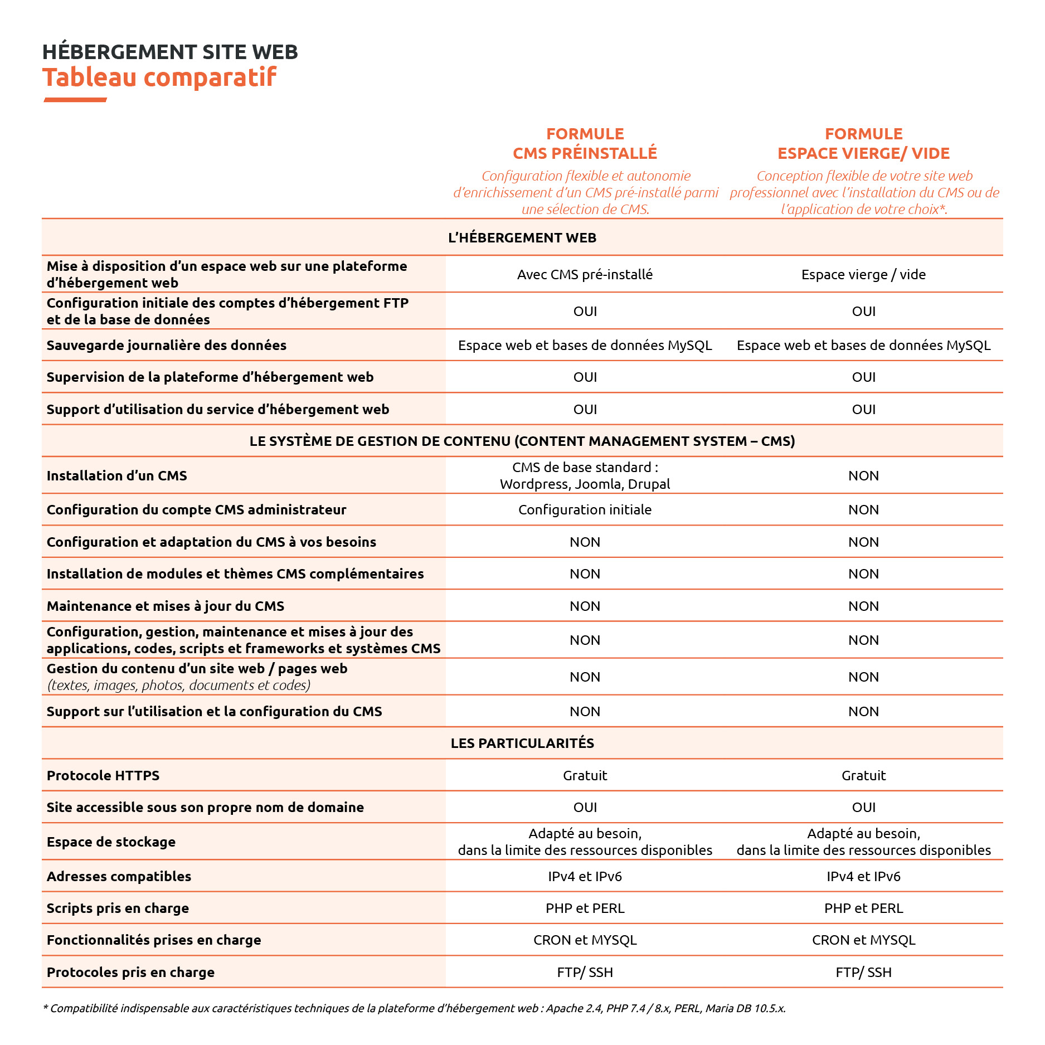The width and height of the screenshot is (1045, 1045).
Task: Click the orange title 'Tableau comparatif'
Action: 159,77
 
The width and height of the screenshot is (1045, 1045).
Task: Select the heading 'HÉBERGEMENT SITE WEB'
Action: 170,52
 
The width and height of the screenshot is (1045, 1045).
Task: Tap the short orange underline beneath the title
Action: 75,100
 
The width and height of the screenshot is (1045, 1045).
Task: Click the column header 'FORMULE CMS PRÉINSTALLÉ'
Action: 585,143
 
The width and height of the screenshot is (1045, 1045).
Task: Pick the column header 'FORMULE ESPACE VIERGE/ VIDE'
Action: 863,143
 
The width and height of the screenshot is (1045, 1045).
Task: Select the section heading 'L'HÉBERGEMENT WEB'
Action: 522,238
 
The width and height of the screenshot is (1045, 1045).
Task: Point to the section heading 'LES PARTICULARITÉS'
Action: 522,743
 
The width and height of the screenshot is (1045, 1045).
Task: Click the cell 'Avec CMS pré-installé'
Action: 585,274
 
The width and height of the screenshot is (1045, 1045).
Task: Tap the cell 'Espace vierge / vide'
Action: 863,274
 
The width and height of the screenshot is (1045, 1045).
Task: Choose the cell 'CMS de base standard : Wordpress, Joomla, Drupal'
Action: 585,475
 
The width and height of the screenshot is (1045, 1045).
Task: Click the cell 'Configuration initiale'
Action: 585,509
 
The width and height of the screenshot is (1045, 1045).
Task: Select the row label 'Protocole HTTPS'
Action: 103,775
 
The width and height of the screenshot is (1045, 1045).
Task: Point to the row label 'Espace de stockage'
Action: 111,842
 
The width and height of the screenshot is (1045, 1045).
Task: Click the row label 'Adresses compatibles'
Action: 119,876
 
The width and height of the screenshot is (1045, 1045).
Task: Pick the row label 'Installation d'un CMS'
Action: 117,475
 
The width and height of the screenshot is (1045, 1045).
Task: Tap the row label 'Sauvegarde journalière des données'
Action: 166,345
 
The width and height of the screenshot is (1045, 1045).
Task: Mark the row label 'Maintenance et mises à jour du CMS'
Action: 166,606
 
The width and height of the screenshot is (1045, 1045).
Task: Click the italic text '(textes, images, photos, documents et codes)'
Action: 179,685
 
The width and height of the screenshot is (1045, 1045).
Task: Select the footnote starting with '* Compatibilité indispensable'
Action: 414,1008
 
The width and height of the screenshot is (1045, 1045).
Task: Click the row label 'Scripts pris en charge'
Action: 118,908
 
